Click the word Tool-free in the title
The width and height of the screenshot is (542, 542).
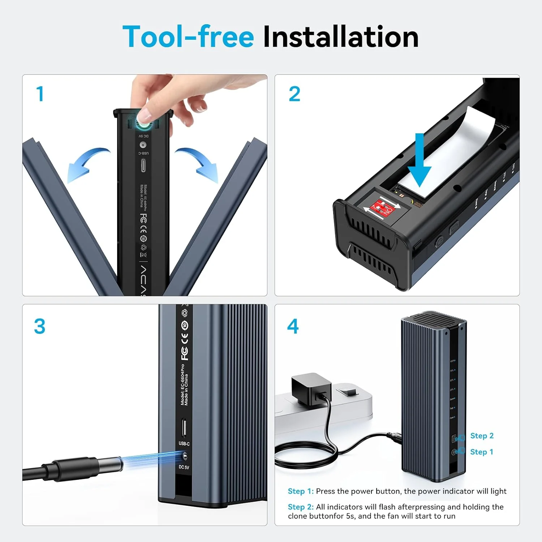coord(188,37)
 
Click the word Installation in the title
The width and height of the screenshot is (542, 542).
coord(340,37)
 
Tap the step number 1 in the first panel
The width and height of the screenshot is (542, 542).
coord(40,94)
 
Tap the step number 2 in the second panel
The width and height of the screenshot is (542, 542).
coord(294,94)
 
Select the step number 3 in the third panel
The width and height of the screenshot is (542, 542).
coord(40,326)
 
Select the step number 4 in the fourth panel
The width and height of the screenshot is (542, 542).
coord(293,326)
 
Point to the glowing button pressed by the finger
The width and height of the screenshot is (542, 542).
coord(143,124)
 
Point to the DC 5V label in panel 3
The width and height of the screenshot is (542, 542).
coord(184,467)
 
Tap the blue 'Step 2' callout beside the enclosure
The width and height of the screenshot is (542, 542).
coord(482,436)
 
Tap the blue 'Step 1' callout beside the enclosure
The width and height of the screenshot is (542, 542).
coord(481,452)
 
